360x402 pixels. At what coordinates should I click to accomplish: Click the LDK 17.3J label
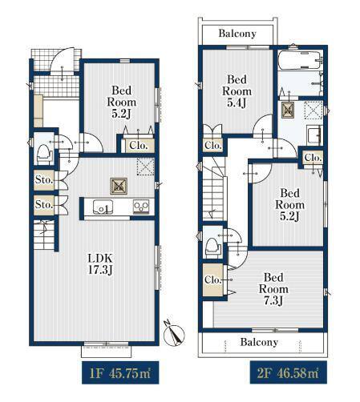[x=100, y=264]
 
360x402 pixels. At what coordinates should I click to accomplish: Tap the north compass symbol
[x=174, y=333]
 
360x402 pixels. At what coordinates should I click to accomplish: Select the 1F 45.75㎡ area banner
[x=120, y=372]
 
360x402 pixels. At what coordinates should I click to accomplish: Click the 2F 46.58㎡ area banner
[x=289, y=372]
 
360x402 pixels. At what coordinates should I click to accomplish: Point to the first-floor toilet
[x=44, y=155]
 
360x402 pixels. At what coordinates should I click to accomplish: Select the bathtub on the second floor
[x=300, y=61]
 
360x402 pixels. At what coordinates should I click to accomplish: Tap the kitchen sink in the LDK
[x=103, y=207]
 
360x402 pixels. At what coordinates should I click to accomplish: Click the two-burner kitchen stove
[x=141, y=207]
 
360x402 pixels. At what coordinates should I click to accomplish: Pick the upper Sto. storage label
[x=44, y=179]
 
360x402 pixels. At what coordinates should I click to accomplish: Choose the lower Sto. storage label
[x=44, y=205]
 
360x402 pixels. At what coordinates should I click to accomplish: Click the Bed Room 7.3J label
[x=273, y=289]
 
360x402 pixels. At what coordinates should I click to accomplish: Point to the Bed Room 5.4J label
[x=237, y=91]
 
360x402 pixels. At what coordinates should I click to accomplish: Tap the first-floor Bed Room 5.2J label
[x=122, y=103]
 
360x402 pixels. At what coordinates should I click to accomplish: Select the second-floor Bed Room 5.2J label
[x=290, y=205]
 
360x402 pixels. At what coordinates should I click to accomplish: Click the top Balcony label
[x=237, y=34]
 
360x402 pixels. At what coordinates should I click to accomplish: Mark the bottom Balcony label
[x=259, y=342]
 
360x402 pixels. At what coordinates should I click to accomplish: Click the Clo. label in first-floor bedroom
[x=139, y=146]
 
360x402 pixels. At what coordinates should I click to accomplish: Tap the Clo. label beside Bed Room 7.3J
[x=213, y=280]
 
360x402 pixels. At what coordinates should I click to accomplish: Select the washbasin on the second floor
[x=314, y=135]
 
